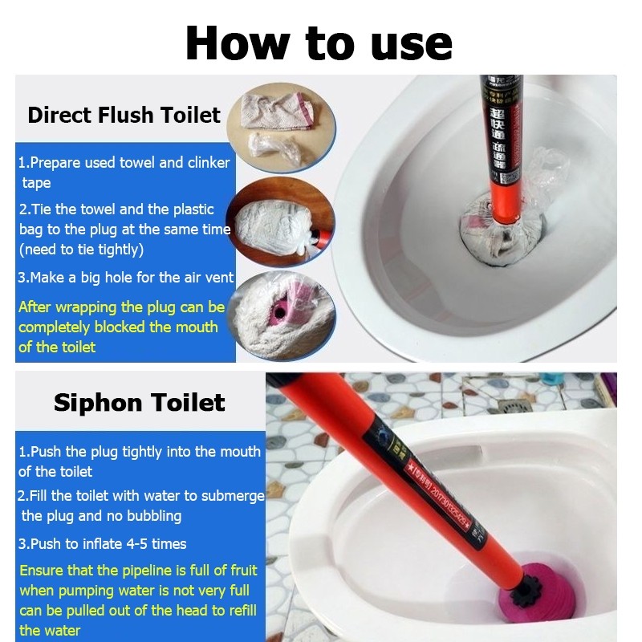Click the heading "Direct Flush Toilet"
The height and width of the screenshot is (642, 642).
tap(124, 115)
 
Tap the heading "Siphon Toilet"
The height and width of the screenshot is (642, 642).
tap(139, 402)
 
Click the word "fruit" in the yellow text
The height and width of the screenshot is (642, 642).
tap(240, 571)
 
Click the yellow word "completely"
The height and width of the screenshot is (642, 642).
tap(55, 327)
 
